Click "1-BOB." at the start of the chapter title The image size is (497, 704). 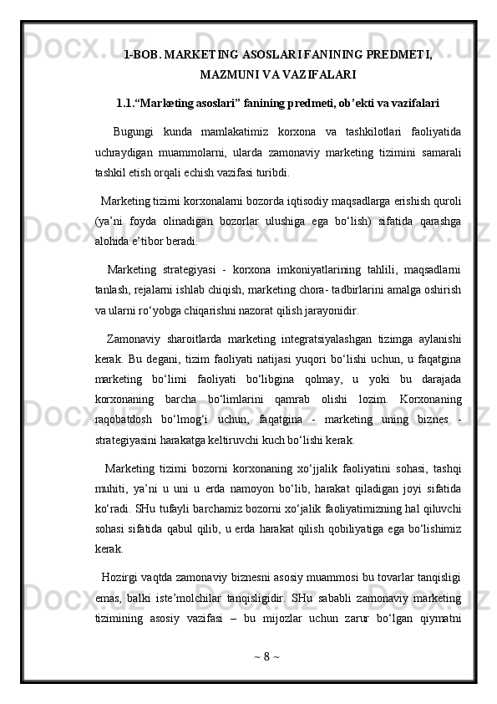coord(142,56)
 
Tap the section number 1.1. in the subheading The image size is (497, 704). coord(132,105)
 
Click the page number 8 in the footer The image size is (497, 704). coord(266,676)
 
